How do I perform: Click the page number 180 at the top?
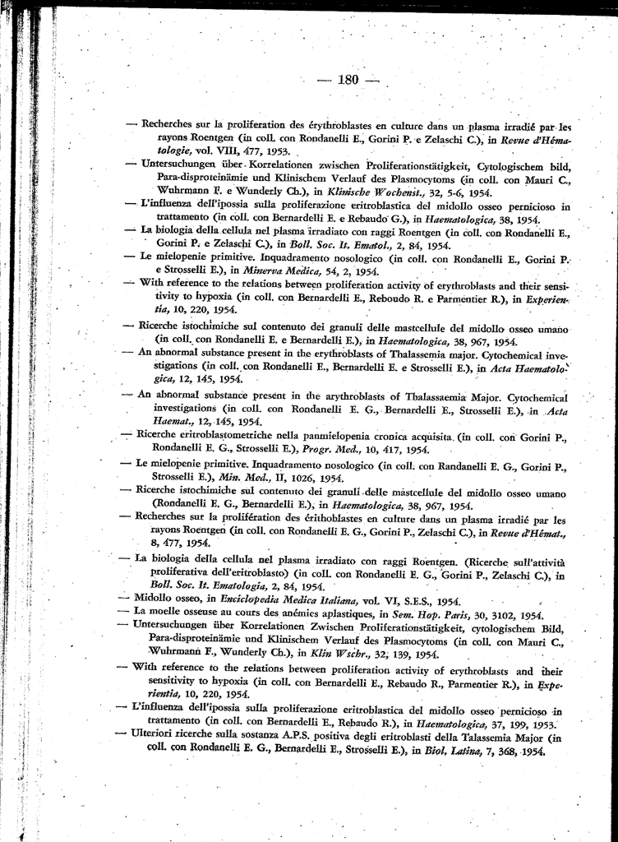point(348,80)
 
